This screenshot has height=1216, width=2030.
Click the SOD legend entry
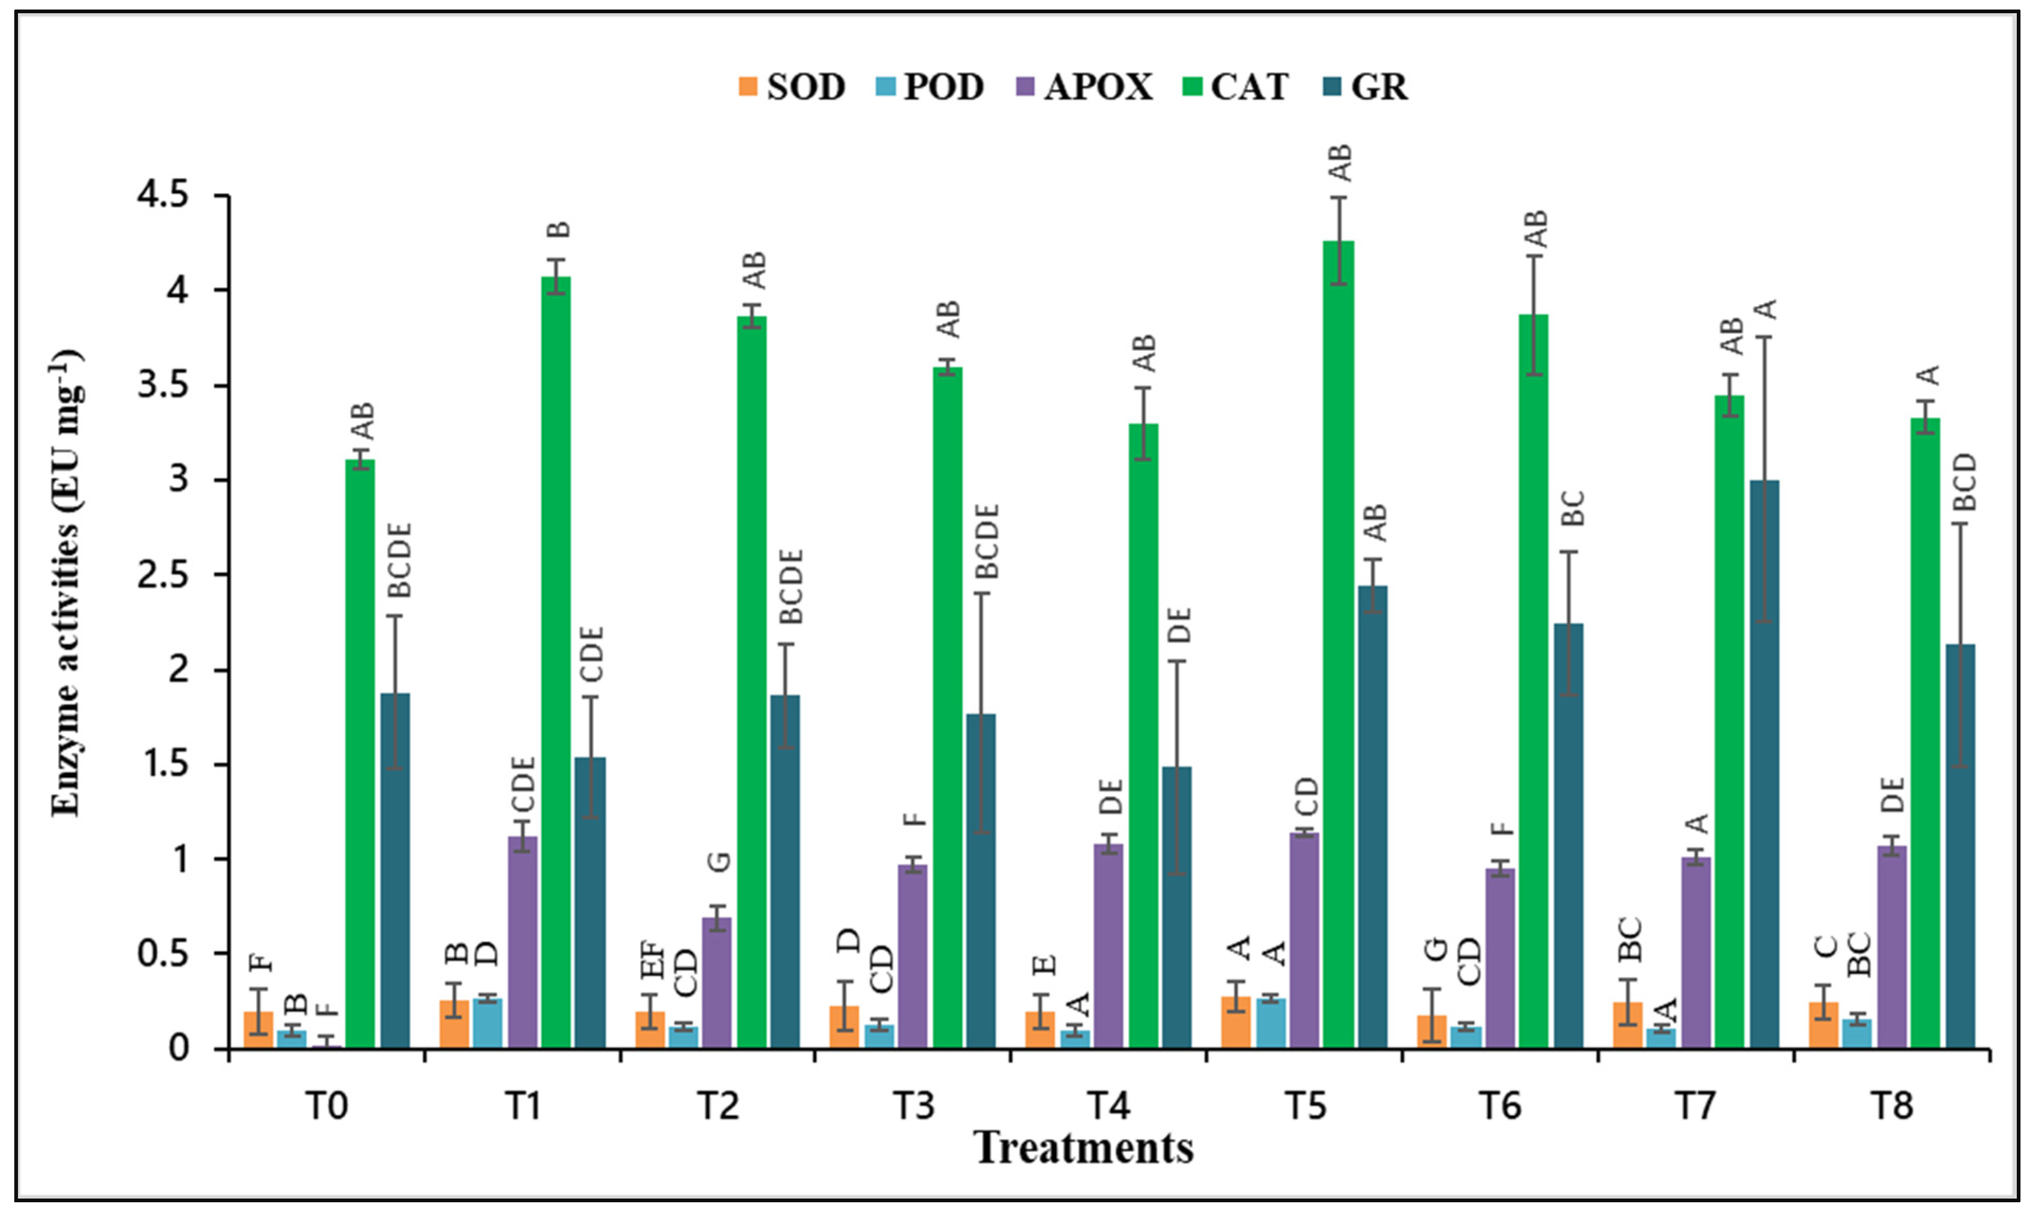[791, 87]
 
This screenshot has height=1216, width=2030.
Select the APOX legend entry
[1084, 87]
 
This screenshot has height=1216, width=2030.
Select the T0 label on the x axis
[326, 1106]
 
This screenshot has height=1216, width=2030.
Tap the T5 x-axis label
[1304, 1106]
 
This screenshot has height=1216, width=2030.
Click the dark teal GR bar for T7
[1764, 764]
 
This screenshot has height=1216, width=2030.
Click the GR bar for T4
[1176, 907]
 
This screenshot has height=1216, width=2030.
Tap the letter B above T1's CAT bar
[558, 230]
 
